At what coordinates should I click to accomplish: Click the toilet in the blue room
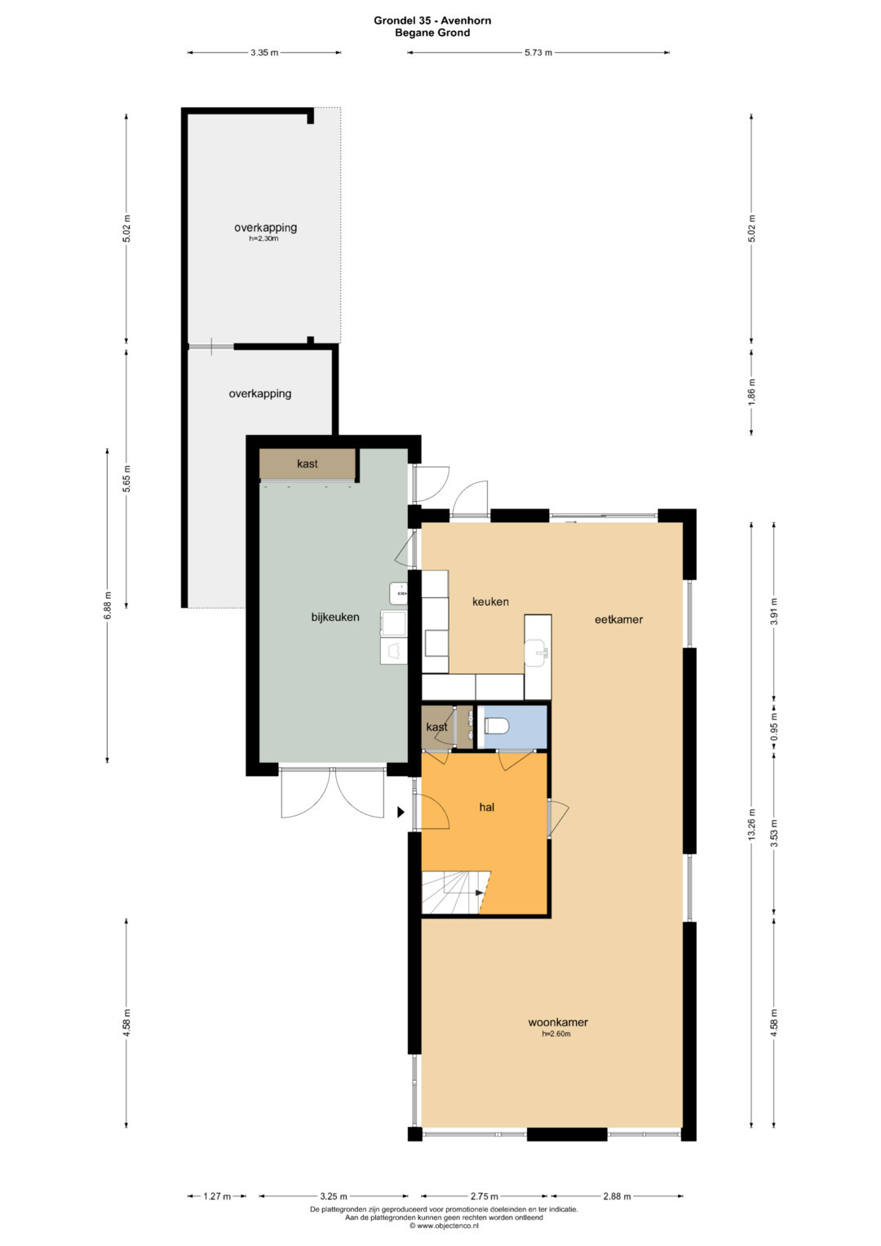497,726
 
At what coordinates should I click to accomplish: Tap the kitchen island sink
536,652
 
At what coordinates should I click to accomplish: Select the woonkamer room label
557,1022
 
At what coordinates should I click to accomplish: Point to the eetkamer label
618,619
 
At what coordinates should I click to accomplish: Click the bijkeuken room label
334,617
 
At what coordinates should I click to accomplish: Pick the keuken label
490,601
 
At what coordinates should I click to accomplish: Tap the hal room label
487,807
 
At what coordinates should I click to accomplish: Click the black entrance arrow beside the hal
401,813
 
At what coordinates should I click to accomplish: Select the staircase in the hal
456,892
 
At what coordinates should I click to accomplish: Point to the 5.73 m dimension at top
538,53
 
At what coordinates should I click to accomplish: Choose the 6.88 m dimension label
108,605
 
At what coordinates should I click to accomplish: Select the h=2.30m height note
263,238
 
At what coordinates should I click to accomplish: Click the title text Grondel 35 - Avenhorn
432,20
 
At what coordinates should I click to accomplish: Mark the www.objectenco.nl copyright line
443,1226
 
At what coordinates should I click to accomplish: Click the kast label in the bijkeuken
307,463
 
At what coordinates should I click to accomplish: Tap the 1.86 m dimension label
751,392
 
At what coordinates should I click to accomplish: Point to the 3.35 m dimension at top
264,53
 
